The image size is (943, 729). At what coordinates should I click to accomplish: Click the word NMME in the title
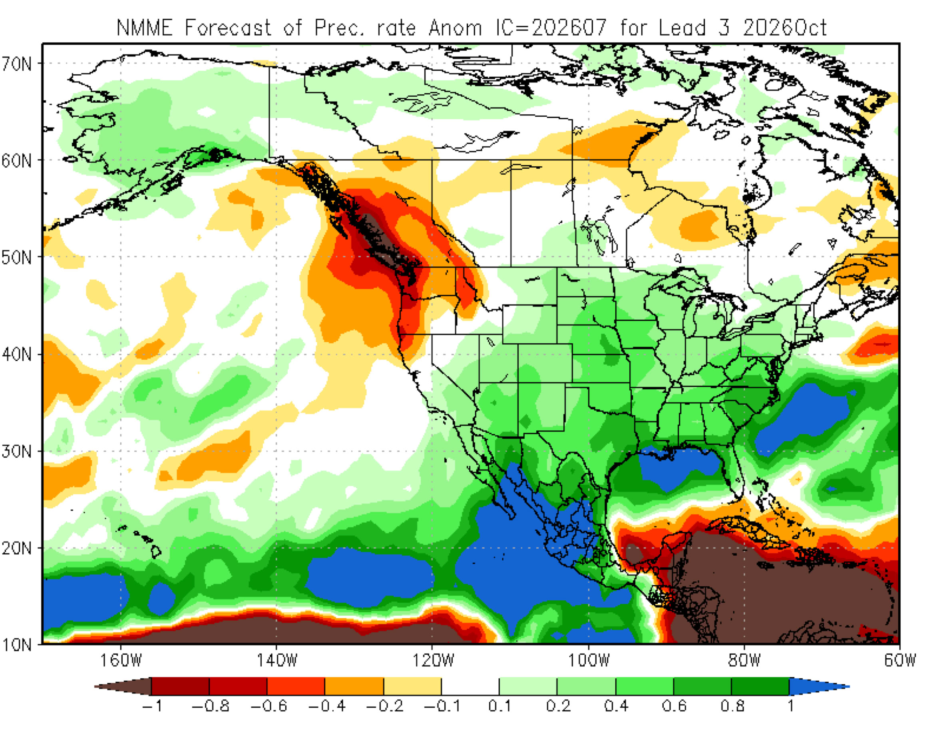click(145, 28)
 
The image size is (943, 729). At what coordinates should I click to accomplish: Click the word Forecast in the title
click(228, 28)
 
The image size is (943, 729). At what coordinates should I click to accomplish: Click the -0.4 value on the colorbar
click(327, 707)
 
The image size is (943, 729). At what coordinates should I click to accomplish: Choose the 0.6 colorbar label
click(674, 707)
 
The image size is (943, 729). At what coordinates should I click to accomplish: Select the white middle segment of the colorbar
click(470, 686)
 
